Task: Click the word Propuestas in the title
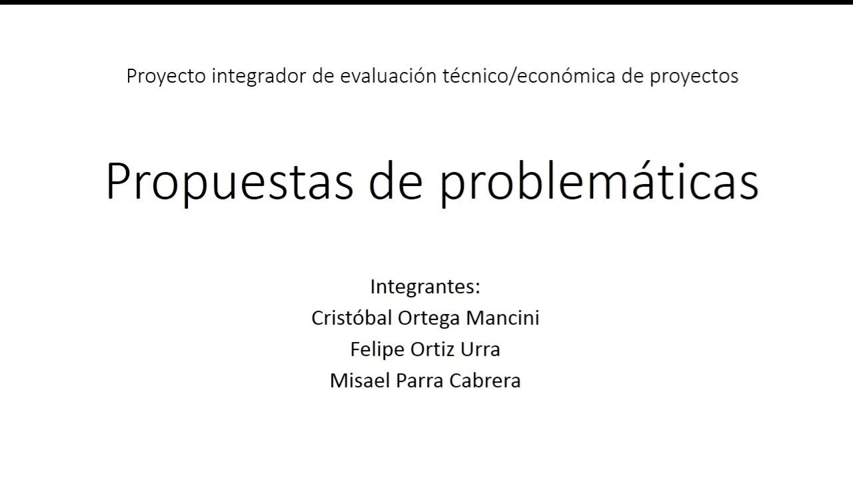pyautogui.click(x=230, y=182)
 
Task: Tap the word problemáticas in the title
pyautogui.click(x=599, y=182)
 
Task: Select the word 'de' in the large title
pyautogui.click(x=397, y=182)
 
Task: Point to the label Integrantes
pyautogui.click(x=425, y=287)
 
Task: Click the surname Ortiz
pyautogui.click(x=434, y=349)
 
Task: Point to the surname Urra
pyautogui.click(x=480, y=349)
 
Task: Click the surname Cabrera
pyautogui.click(x=484, y=381)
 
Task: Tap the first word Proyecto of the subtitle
pyautogui.click(x=166, y=77)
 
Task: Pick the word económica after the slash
pyautogui.click(x=556, y=77)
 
